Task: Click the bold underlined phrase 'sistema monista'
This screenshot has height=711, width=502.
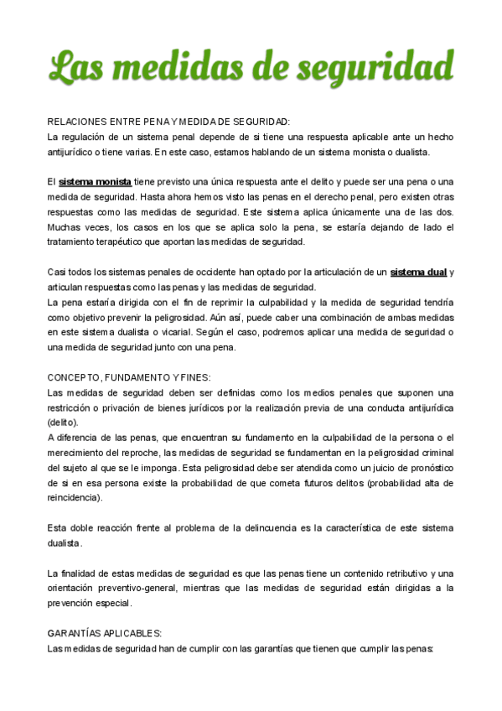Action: pyautogui.click(x=95, y=182)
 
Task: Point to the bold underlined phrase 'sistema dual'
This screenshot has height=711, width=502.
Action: pyautogui.click(x=419, y=272)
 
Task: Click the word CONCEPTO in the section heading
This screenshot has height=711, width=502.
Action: pyautogui.click(x=75, y=377)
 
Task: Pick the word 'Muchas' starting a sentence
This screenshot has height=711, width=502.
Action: pyautogui.click(x=64, y=227)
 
